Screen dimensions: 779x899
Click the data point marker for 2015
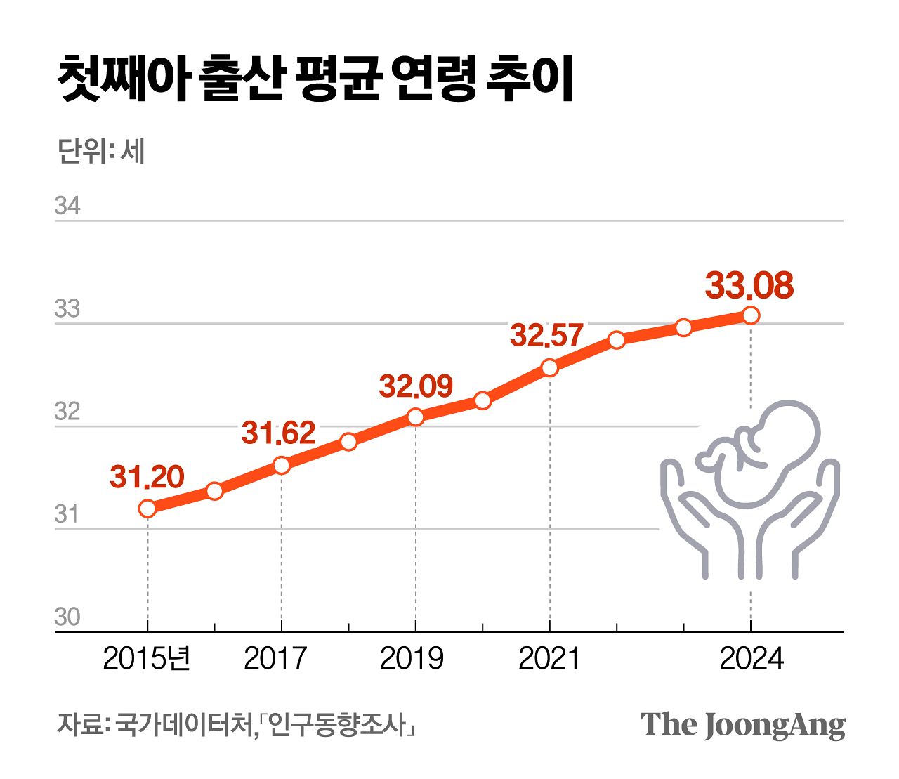coord(147,508)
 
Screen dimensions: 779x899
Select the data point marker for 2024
coord(751,315)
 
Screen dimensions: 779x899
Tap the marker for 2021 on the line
coord(549,367)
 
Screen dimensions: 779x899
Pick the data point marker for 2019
coord(416,417)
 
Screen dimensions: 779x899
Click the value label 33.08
coord(749,286)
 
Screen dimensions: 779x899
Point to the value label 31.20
coord(147,478)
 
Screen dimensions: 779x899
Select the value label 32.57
coord(546,335)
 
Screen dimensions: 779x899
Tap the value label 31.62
coord(278,433)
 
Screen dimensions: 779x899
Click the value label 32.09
coord(416,386)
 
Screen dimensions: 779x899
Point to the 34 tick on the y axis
coord(67,207)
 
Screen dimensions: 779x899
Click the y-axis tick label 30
coord(67,617)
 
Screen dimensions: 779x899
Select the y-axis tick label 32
coord(67,412)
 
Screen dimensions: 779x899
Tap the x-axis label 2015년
coord(147,659)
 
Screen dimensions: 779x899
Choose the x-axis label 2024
coord(751,659)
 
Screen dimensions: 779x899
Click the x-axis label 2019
coord(412,659)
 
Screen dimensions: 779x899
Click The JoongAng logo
coord(742,725)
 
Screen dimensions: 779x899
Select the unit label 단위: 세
coord(101,151)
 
